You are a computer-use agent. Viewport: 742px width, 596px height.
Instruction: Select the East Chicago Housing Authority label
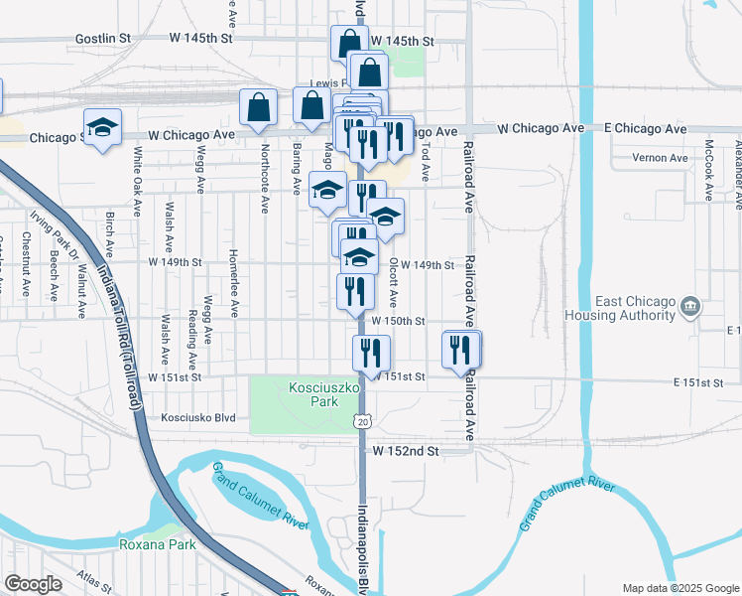[635, 309]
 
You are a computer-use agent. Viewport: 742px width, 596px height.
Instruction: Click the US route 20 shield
[363, 422]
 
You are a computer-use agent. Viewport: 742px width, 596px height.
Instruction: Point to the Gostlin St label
[103, 39]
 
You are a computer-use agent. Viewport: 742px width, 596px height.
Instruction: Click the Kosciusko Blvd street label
[198, 418]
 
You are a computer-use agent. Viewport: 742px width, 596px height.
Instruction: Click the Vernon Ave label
[665, 158]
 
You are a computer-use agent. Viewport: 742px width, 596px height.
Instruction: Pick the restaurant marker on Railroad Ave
[459, 350]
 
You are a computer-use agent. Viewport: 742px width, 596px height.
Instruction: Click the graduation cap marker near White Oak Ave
[101, 127]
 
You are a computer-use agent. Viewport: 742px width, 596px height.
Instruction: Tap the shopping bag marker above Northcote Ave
[258, 108]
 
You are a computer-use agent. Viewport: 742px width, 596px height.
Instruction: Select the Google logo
[33, 584]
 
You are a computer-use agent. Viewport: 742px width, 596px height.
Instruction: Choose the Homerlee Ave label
[234, 283]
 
